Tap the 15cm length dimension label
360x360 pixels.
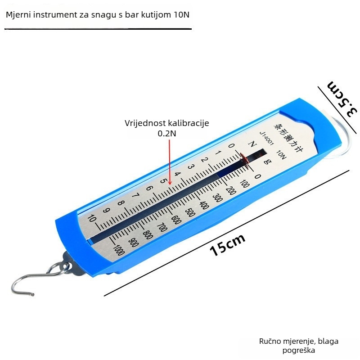227,245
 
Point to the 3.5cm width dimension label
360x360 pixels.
342,99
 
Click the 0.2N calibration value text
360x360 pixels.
167,133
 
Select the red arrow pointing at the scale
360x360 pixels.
170,162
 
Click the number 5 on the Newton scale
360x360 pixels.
163,181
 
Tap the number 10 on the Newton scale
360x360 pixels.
92,218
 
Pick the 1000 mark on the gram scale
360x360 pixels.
119,250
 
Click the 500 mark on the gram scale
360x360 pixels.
190,212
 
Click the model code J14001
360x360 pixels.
266,138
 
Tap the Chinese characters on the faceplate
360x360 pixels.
288,138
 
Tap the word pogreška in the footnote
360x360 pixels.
298,351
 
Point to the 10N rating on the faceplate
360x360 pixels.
281,155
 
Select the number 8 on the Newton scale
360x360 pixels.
121,203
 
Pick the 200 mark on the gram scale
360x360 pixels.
231,190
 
